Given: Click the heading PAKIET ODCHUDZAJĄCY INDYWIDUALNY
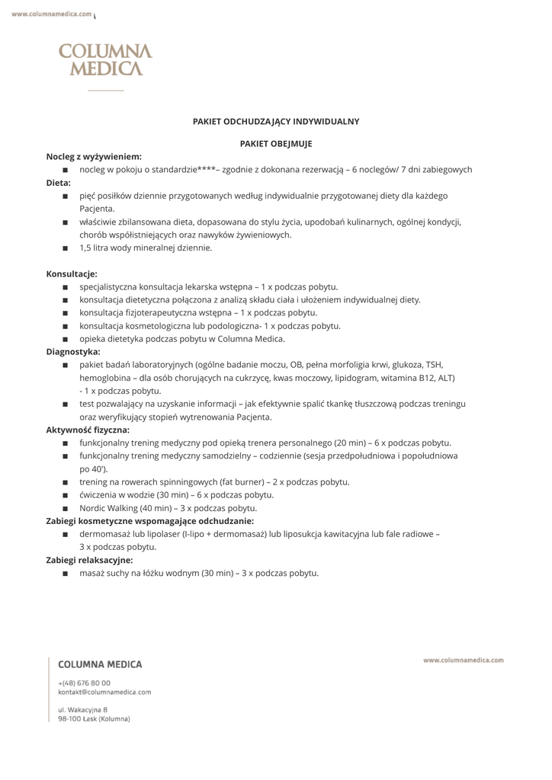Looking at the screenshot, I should (x=276, y=121).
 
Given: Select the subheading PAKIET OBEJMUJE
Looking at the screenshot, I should (x=276, y=143).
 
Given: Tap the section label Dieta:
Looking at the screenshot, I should (x=59, y=183).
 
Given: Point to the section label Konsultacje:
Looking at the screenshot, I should (x=72, y=273).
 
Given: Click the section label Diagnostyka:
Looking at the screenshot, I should (x=73, y=352).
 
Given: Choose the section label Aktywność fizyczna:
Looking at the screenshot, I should (x=88, y=430).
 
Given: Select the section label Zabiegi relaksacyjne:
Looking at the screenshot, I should (x=89, y=560).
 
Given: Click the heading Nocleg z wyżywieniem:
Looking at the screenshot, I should (x=94, y=156).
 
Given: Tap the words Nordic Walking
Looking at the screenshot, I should (x=107, y=508).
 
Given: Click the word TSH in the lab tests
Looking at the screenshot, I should (x=435, y=365).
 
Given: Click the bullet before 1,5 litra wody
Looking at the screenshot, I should (x=66, y=248).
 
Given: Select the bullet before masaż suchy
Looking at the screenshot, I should (x=66, y=573).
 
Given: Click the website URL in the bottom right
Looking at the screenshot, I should (x=463, y=660).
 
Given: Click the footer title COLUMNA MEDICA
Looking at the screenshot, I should (x=100, y=664).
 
